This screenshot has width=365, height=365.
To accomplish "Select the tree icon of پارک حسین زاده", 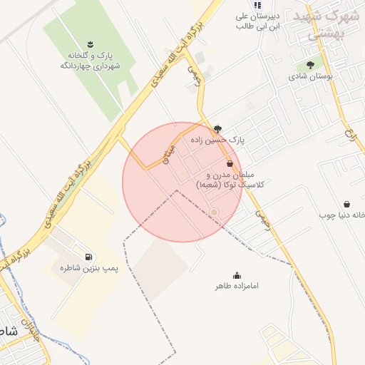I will pos(217,129).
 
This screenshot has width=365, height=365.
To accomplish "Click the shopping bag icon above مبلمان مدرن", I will pos(228,163).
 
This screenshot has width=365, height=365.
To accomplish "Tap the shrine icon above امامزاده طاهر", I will pos(237,275).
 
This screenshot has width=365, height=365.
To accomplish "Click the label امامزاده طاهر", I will pos(237,287).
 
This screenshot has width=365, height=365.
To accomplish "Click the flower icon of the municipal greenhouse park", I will pos(89,44).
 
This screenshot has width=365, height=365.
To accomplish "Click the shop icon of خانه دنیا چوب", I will pos(346,204).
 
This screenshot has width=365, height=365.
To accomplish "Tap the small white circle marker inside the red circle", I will pos(214,212).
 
